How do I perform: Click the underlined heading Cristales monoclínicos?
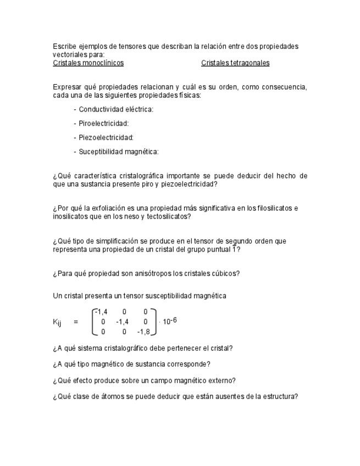88,63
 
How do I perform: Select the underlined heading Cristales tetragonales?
235,63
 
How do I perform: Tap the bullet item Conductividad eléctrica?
116,109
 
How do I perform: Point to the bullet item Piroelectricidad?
103,124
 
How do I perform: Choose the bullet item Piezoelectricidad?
106,137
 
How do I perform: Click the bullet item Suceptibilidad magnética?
118,152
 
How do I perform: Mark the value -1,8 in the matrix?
143,331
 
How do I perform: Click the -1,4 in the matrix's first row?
101,312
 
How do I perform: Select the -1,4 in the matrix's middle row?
123,322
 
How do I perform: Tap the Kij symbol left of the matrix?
57,323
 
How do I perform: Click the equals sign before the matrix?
76,322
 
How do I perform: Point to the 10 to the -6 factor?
169,321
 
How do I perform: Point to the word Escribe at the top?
64,46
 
